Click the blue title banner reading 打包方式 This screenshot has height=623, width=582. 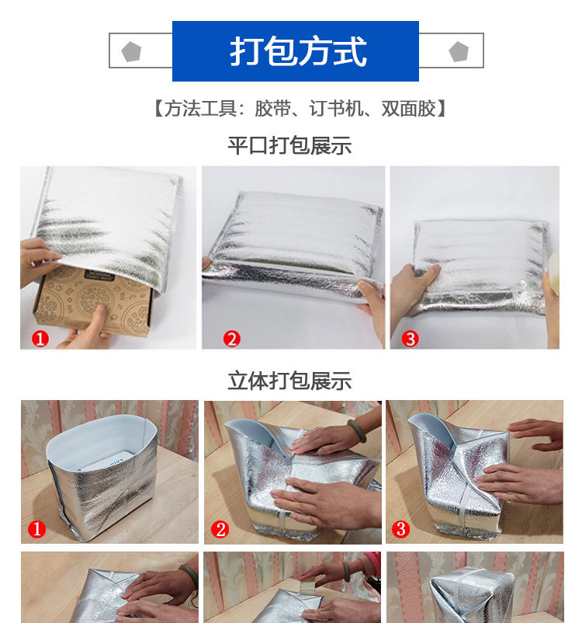[296, 51]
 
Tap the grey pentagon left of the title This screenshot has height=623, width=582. [131, 52]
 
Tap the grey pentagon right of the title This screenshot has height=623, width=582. [459, 52]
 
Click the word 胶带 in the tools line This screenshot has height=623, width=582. [271, 109]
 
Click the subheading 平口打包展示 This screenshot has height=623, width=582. [289, 145]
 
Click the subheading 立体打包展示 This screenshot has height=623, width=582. [289, 381]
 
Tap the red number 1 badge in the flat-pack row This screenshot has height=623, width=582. [40, 339]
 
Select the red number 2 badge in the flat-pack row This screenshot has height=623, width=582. [231, 339]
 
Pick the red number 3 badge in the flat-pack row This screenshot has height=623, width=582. [411, 339]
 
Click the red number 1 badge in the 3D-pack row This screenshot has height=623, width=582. [37, 530]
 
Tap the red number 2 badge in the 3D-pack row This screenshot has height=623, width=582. [220, 530]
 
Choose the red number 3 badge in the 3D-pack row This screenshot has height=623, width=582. [400, 530]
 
